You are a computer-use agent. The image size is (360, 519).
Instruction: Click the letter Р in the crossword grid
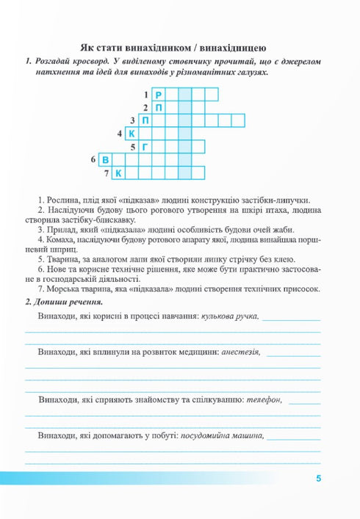pos(159,95)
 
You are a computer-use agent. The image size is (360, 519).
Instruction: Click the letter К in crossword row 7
pos(119,173)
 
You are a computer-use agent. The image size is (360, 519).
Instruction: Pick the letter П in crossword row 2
pos(159,108)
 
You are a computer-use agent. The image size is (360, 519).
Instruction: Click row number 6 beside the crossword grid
pos(94,159)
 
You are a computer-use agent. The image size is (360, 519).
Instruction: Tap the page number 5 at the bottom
pos(318,479)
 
